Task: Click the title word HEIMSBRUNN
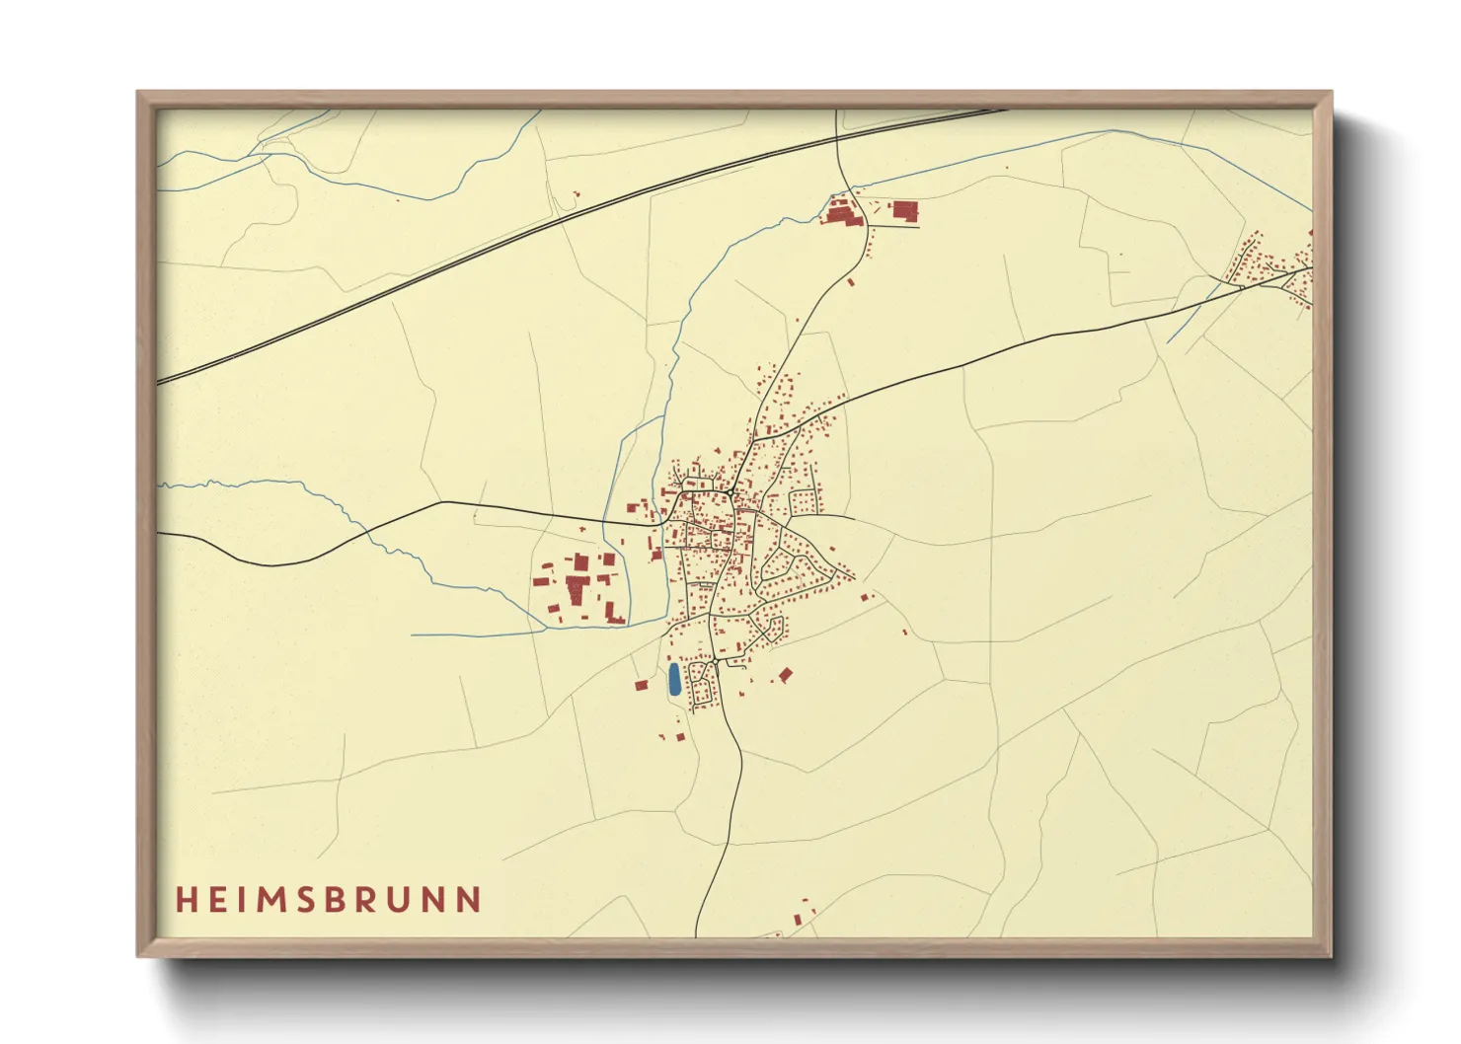point(329,900)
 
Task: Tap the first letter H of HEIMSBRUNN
point(185,900)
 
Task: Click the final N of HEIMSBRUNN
point(471,900)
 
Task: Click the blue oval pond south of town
point(674,679)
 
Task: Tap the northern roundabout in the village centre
point(729,491)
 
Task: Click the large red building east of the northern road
point(904,209)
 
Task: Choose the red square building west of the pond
point(641,684)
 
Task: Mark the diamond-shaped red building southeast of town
point(786,675)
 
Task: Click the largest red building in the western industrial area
point(577,591)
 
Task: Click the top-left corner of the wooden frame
point(139,94)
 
